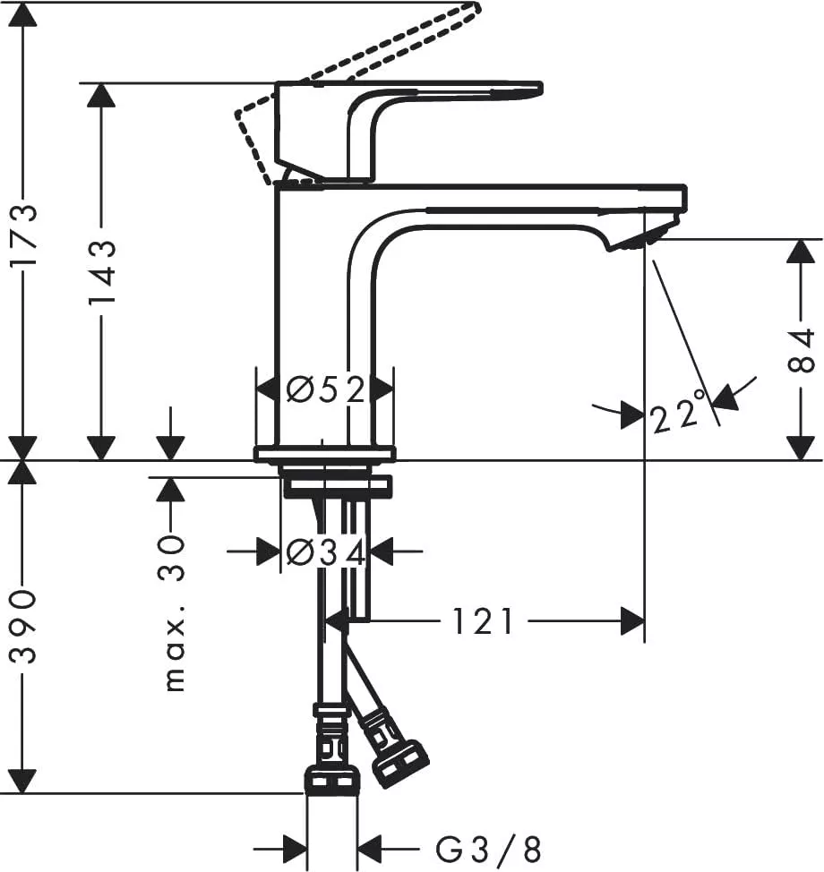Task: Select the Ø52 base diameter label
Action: coord(325,390)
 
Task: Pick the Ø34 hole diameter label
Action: coord(325,553)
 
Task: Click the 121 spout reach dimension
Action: coord(483,620)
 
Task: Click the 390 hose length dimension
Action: coord(23,626)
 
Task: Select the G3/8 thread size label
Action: coord(488,847)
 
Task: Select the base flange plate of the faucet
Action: coord(324,454)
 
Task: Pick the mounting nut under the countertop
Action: coord(337,487)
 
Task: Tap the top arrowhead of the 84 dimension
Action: coord(800,252)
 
